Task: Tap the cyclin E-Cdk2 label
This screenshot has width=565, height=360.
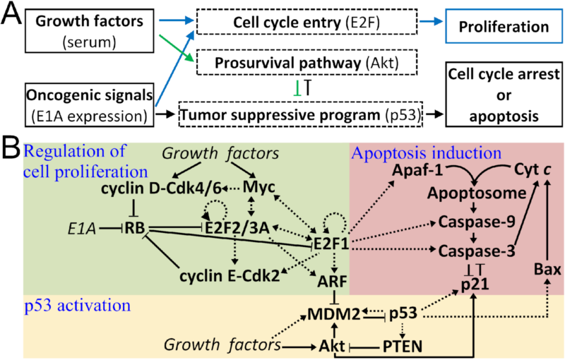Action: pyautogui.click(x=217, y=274)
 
